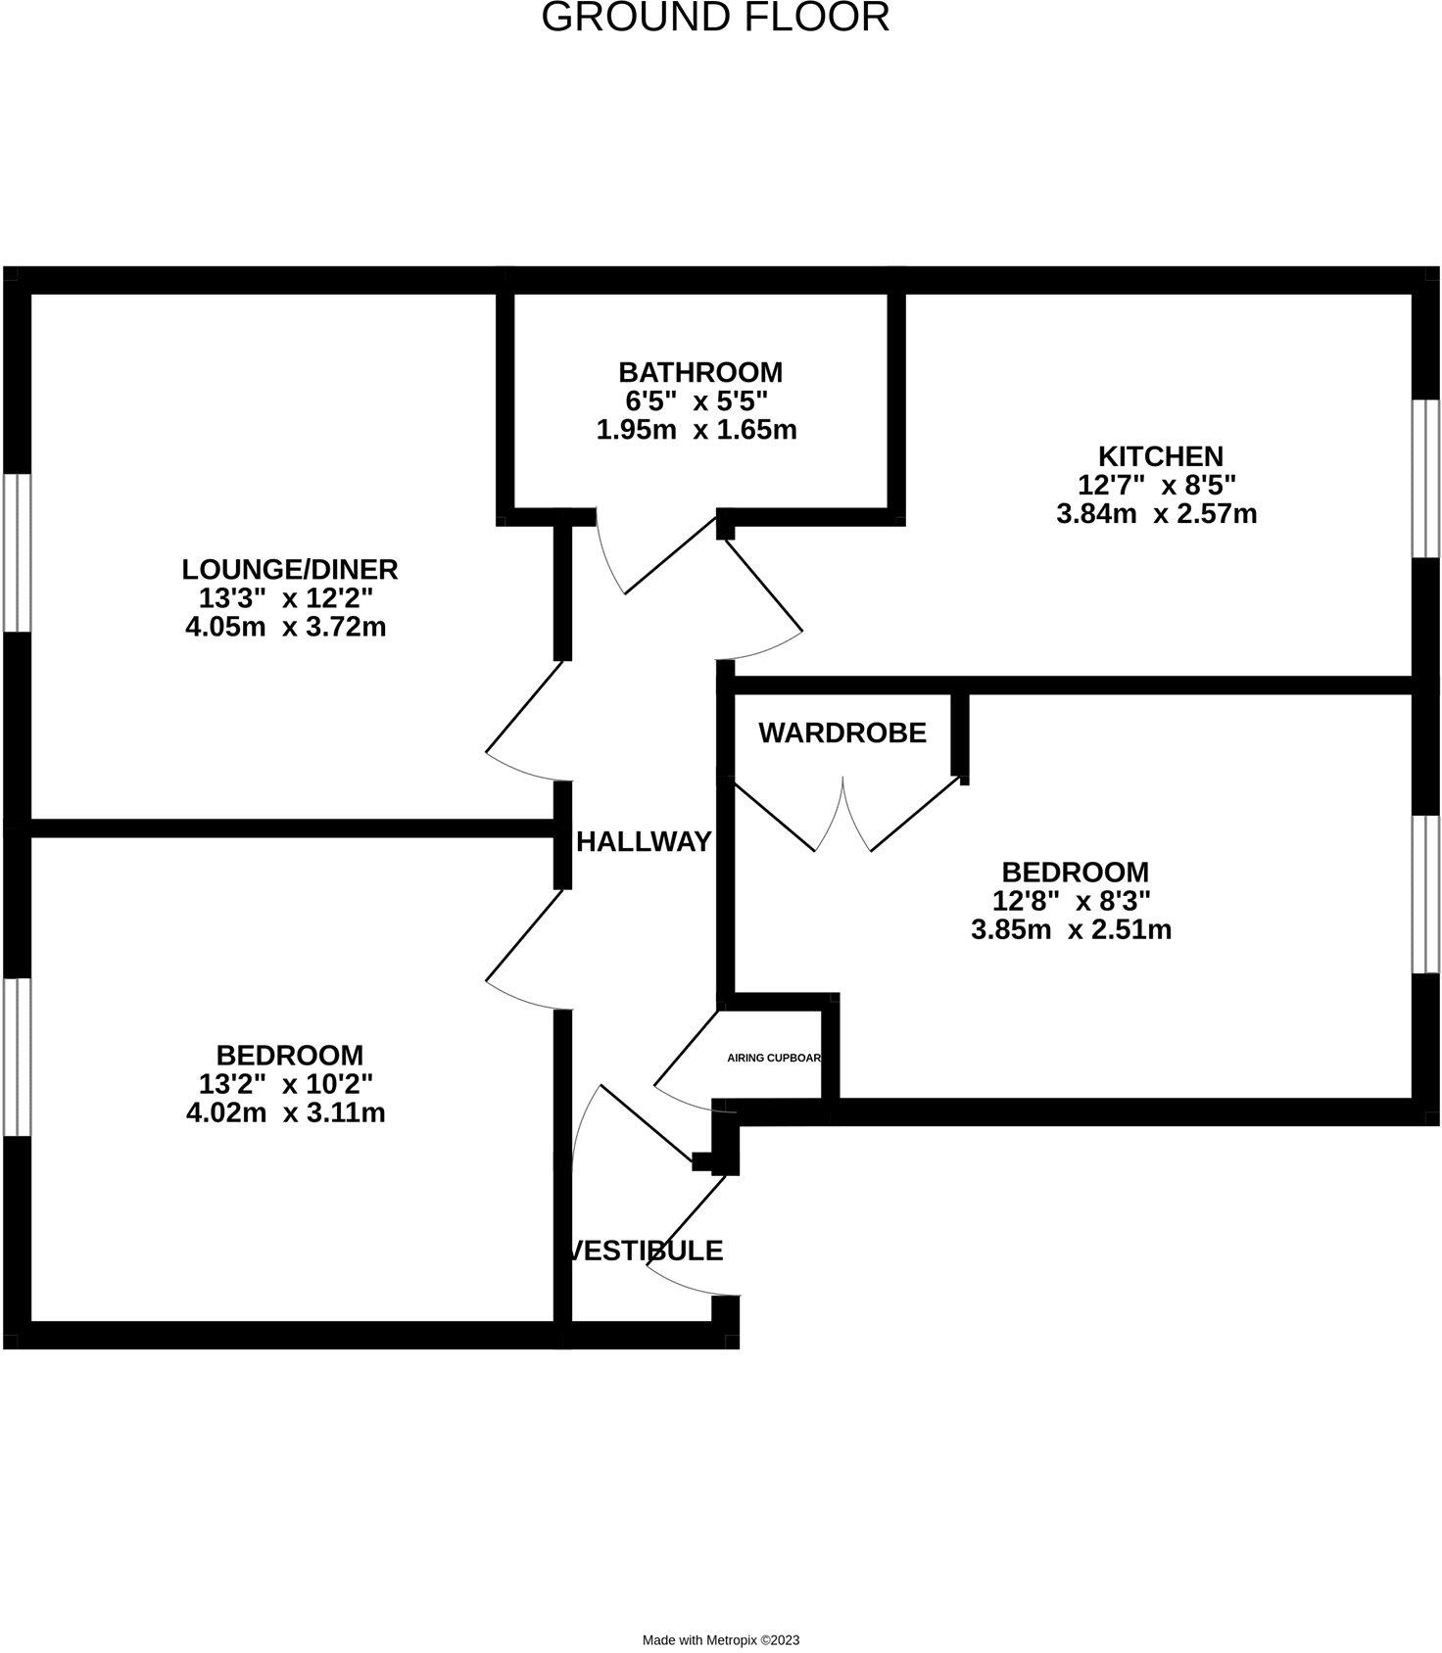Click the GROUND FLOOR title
point(715,18)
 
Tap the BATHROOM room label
point(700,372)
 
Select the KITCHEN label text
point(1161,456)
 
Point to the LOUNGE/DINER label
point(290,569)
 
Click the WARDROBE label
point(842,732)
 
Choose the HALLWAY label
point(645,841)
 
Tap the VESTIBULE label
point(648,1251)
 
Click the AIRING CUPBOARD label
point(774,1058)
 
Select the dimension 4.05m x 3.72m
point(286,627)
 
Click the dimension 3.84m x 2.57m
point(1157,513)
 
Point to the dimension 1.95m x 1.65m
point(697,429)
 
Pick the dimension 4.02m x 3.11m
point(286,1112)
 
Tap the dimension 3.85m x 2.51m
point(1072,929)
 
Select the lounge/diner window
point(17,553)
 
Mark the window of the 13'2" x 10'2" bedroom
point(17,1057)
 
